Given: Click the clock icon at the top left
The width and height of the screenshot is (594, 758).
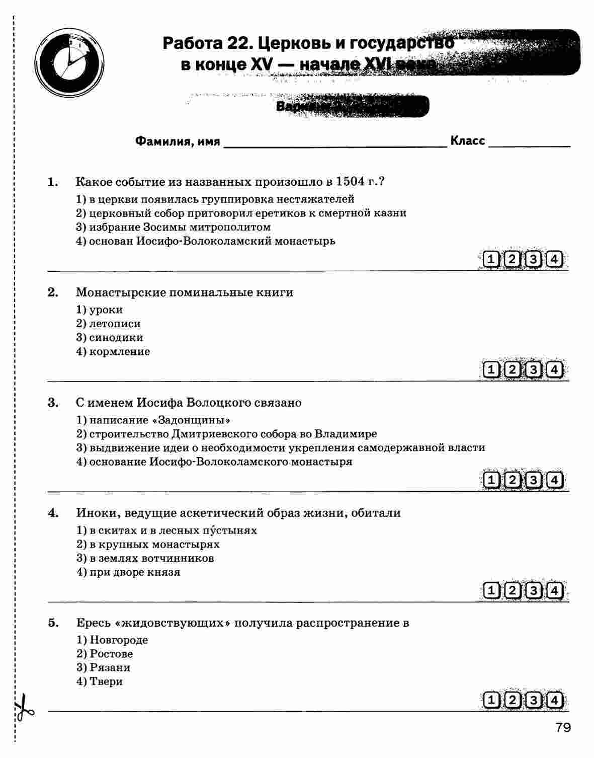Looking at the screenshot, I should (70, 62).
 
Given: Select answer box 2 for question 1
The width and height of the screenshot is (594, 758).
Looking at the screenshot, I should (512, 260).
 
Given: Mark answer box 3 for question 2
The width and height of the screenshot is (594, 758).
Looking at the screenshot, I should (533, 370).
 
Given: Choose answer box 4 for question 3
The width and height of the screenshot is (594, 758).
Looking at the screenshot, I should (554, 480).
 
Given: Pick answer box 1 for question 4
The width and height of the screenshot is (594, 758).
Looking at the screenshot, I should (490, 590).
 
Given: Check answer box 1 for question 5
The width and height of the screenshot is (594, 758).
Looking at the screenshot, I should (490, 700).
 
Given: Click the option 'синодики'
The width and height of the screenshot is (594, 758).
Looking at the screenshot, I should (116, 338).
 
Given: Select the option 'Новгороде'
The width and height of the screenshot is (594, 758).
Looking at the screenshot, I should (119, 640).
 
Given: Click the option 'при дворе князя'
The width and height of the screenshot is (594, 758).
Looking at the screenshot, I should (134, 572).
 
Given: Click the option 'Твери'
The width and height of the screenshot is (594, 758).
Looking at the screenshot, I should (106, 682).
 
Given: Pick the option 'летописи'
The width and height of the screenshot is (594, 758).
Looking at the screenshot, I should (115, 324).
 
